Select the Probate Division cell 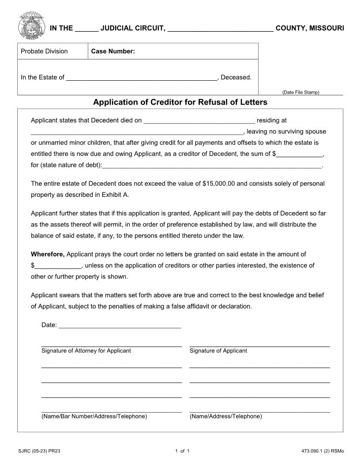[x=44, y=51]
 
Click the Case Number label [x=113, y=51]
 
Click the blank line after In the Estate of [x=141, y=78]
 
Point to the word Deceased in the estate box [x=236, y=78]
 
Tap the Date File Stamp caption [x=300, y=92]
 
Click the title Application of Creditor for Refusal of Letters [x=180, y=102]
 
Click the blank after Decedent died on [x=199, y=120]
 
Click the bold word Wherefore [x=48, y=254]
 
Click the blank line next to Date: [x=120, y=326]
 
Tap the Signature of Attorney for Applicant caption [x=86, y=351]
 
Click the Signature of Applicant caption [x=218, y=351]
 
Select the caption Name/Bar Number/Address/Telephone [x=94, y=416]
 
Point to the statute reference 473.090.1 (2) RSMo [x=322, y=451]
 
